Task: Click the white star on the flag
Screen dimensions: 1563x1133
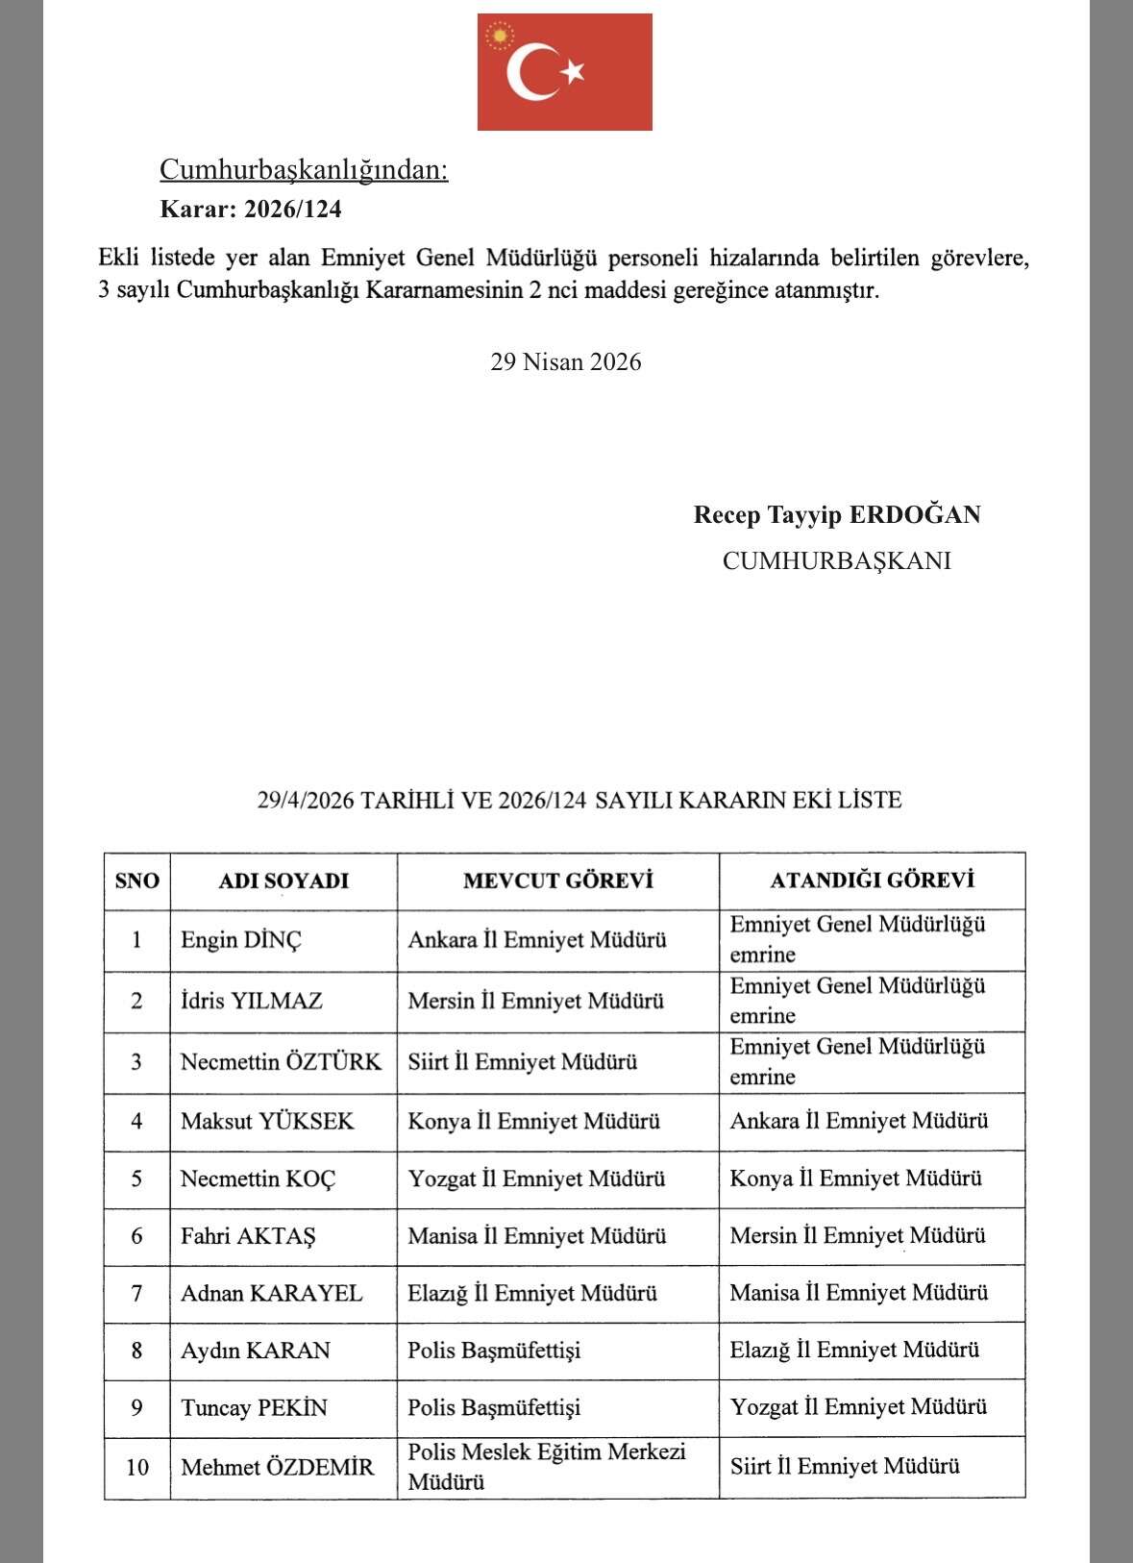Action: click(x=574, y=71)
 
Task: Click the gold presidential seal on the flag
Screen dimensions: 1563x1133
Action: click(x=499, y=37)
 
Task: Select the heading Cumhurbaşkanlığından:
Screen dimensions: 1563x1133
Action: click(x=304, y=170)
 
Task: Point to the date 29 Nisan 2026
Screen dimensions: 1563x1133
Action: click(x=565, y=362)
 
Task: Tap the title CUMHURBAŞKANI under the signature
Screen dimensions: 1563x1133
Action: click(x=836, y=560)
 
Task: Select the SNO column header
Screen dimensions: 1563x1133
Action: click(x=137, y=881)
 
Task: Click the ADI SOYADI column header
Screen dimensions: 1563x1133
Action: click(x=283, y=881)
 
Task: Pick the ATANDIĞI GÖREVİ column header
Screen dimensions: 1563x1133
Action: click(x=872, y=880)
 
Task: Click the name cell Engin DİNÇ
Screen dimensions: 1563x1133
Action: click(x=241, y=940)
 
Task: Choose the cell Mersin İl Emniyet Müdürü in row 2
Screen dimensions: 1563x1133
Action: click(x=535, y=1002)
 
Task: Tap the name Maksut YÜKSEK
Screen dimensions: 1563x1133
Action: click(x=267, y=1122)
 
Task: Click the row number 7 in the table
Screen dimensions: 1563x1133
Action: click(x=137, y=1294)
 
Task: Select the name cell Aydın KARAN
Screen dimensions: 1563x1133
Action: click(x=255, y=1351)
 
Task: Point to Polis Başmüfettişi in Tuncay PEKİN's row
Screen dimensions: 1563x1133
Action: click(x=494, y=1408)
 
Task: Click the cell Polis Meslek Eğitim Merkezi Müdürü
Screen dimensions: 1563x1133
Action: click(x=546, y=1466)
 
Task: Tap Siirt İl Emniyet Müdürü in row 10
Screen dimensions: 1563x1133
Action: click(x=845, y=1466)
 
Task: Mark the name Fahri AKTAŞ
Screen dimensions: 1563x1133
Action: click(x=248, y=1236)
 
